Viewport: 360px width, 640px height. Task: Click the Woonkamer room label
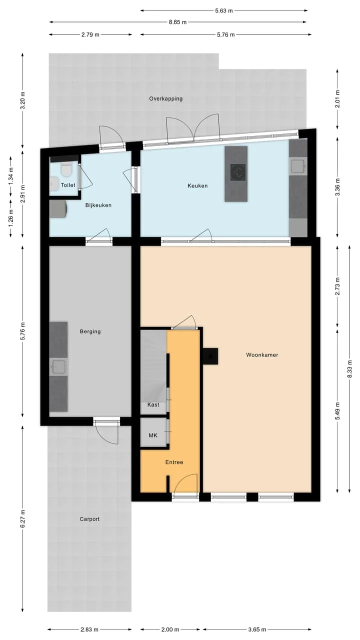click(262, 355)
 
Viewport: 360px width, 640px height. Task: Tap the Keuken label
click(197, 185)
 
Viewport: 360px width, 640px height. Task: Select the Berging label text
click(90, 331)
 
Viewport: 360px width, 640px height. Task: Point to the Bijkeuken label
click(98, 205)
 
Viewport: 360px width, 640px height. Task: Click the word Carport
click(89, 519)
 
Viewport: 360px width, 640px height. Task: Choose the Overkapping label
click(165, 99)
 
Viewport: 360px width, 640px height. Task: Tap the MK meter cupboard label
click(153, 435)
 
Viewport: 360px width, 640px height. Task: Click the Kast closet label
click(153, 404)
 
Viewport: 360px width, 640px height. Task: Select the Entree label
click(174, 462)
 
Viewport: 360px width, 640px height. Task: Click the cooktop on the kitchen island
click(238, 172)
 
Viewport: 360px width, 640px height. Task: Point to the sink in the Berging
click(58, 367)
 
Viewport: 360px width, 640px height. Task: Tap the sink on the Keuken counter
click(298, 165)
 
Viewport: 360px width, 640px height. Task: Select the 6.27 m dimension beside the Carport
click(23, 518)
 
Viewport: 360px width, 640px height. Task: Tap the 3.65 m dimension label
click(257, 629)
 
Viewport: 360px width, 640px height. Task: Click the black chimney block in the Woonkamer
click(210, 356)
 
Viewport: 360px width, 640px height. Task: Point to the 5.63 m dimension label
click(223, 11)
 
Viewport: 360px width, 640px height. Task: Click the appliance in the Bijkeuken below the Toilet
click(58, 208)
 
